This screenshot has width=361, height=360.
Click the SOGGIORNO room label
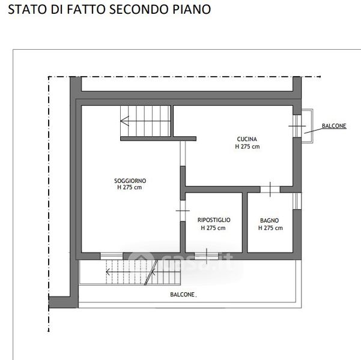tap(130, 181)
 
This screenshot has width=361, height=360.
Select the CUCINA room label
tap(247, 139)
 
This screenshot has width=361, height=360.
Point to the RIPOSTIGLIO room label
tap(214, 220)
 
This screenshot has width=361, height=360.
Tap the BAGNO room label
tap(269, 220)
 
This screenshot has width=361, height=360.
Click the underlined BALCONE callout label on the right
tap(334, 126)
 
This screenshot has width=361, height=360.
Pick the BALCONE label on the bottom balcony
tap(183, 295)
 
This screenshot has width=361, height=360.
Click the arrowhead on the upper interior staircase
tap(124, 121)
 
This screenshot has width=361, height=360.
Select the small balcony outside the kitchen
tap(307, 126)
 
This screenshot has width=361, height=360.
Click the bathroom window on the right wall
tap(297, 201)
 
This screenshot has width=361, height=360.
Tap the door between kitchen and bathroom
tap(270, 190)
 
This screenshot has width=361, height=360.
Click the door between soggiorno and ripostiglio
tap(183, 211)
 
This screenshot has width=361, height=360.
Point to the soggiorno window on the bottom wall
tap(112, 256)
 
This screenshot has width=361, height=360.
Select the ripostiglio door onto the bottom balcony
tap(207, 256)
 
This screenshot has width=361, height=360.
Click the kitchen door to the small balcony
tap(297, 126)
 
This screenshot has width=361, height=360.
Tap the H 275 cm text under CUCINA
tap(247, 146)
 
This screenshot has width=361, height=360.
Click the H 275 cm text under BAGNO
tap(270, 228)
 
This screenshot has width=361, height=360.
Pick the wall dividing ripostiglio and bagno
tap(244, 223)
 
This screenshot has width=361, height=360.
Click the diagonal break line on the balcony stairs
tap(151, 272)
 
